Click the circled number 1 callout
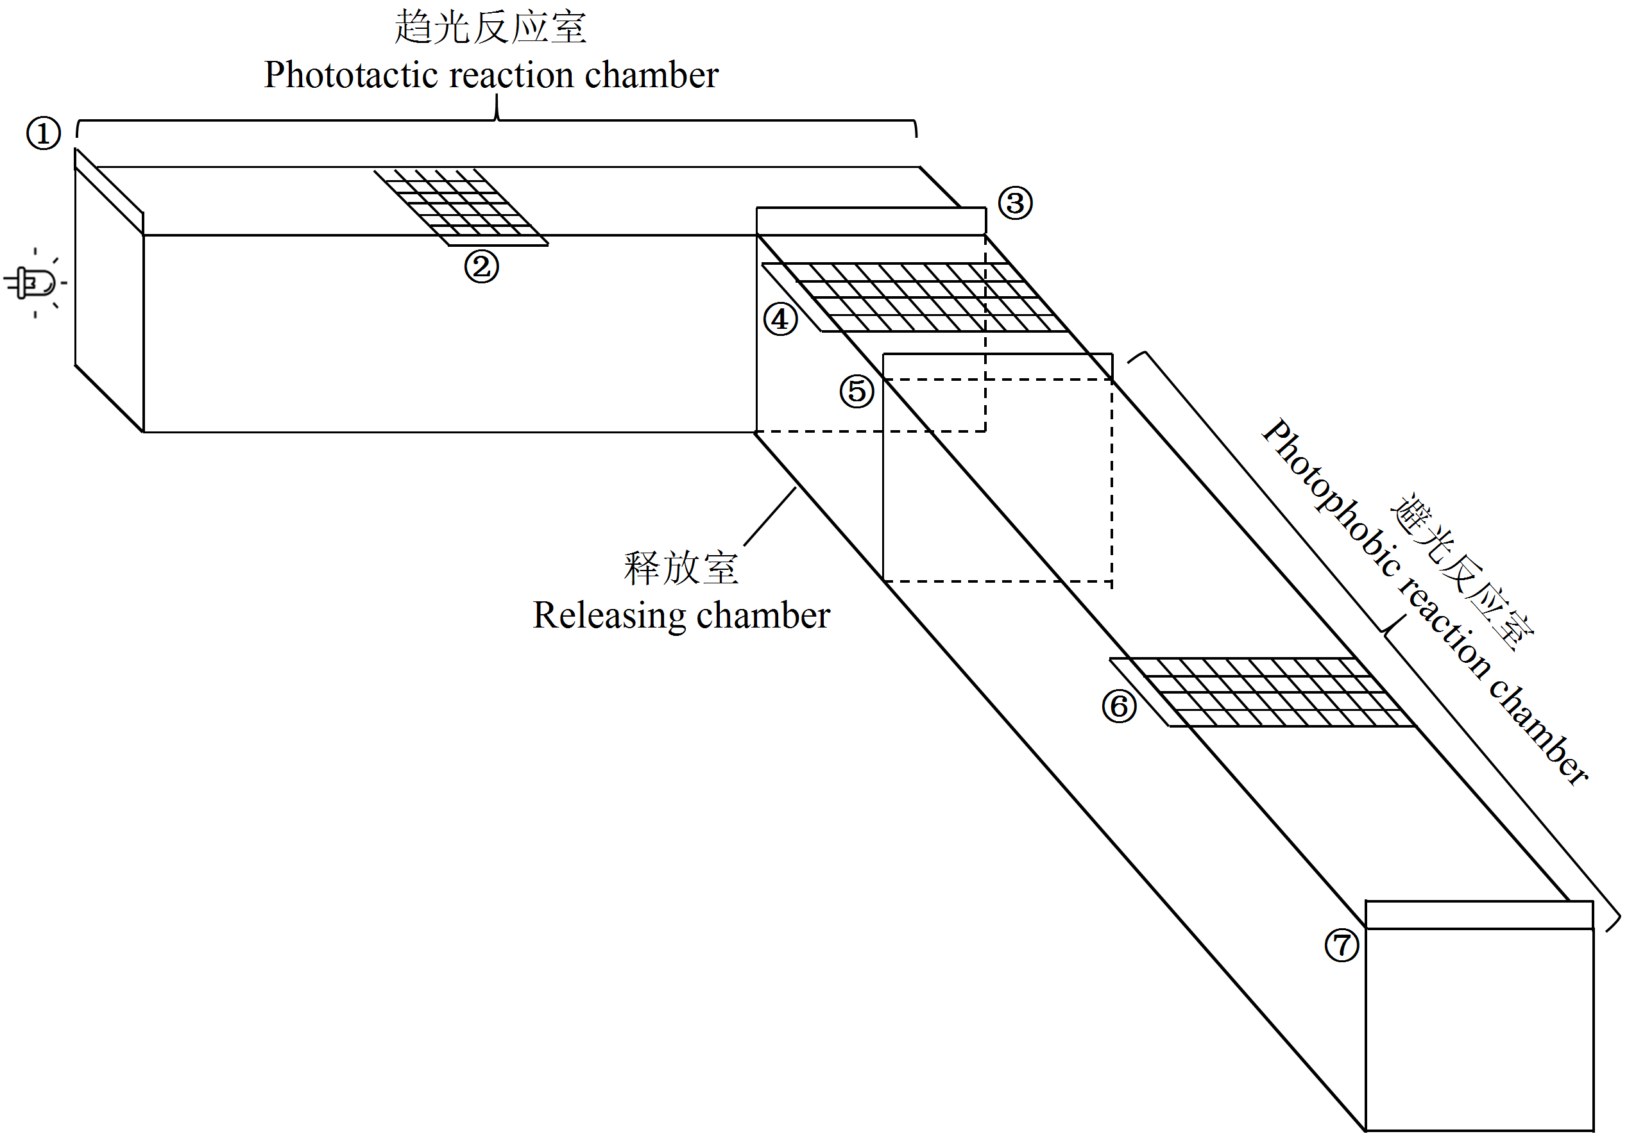pyautogui.click(x=44, y=133)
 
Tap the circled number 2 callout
pyautogui.click(x=481, y=267)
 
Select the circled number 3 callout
pyautogui.click(x=1016, y=203)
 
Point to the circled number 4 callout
pyautogui.click(x=781, y=319)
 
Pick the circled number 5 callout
pyautogui.click(x=856, y=392)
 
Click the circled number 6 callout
pyautogui.click(x=1119, y=706)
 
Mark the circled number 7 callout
pyautogui.click(x=1342, y=946)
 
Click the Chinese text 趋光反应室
pyautogui.click(x=491, y=27)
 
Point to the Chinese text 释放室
pyautogui.click(x=681, y=568)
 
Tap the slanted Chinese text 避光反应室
pyautogui.click(x=1463, y=571)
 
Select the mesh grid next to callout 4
pyautogui.click(x=915, y=297)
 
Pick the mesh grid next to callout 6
pyautogui.click(x=1263, y=692)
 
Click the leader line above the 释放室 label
pyautogui.click(x=770, y=517)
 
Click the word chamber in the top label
pyautogui.click(x=651, y=75)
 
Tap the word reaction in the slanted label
pyautogui.click(x=1444, y=630)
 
